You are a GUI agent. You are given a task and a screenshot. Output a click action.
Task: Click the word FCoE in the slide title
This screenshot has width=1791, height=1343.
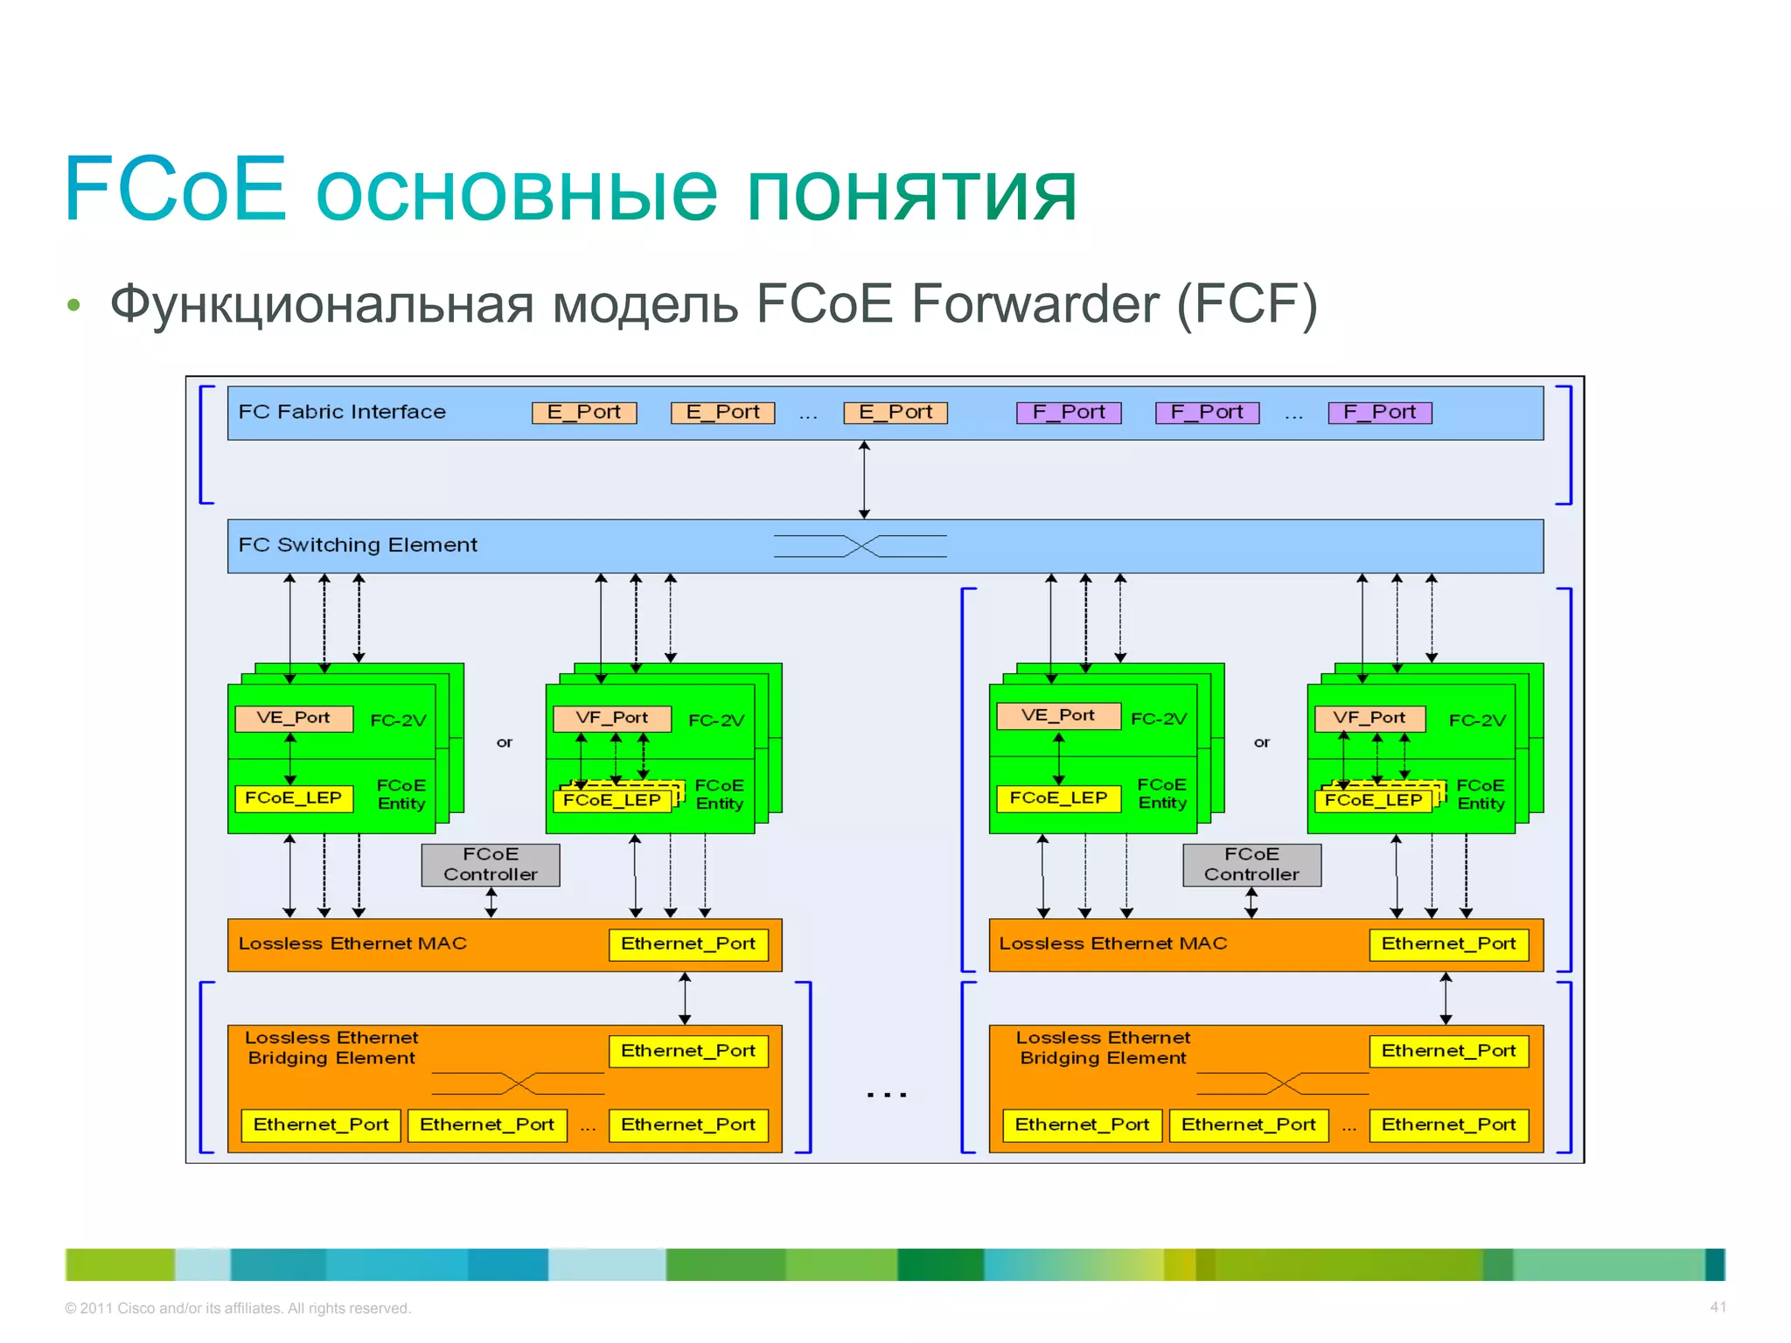175,189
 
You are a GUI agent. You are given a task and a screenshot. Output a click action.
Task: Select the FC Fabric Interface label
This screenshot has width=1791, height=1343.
342,412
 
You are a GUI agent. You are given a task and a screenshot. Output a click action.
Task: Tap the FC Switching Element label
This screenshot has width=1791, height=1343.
358,545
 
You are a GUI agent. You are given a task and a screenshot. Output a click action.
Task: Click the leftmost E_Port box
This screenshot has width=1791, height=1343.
584,413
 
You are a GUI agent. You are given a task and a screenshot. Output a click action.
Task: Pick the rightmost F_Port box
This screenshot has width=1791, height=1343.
1379,413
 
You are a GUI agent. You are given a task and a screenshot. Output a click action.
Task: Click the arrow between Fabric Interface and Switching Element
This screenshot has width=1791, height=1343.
864,480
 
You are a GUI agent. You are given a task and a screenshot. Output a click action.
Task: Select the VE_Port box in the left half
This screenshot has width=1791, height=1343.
294,718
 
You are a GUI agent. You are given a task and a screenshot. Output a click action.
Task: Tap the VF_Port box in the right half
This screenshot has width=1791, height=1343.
1369,718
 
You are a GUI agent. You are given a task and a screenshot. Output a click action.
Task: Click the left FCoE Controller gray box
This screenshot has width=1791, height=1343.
491,865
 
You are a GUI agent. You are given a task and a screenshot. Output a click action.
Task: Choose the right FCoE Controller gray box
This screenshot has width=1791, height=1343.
1251,865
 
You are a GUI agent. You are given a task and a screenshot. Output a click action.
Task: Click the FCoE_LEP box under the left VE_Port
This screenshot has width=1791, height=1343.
294,798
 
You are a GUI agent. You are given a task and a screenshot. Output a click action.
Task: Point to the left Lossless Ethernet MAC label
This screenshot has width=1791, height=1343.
352,943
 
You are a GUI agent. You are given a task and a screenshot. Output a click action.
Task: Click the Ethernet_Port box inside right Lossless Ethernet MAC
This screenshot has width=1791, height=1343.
1448,944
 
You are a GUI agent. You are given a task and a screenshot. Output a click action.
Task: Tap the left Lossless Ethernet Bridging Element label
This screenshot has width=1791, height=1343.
331,1047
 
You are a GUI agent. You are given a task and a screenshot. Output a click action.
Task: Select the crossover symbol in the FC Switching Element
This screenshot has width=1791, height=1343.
861,546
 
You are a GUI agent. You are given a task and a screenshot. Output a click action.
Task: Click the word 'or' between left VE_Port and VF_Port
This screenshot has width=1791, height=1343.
505,742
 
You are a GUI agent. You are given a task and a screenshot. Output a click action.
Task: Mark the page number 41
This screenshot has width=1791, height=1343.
1718,1307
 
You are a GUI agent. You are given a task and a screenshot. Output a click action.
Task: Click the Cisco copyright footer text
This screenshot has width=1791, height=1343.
238,1308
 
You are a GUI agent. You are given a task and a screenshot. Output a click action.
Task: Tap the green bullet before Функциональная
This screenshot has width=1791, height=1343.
73,305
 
